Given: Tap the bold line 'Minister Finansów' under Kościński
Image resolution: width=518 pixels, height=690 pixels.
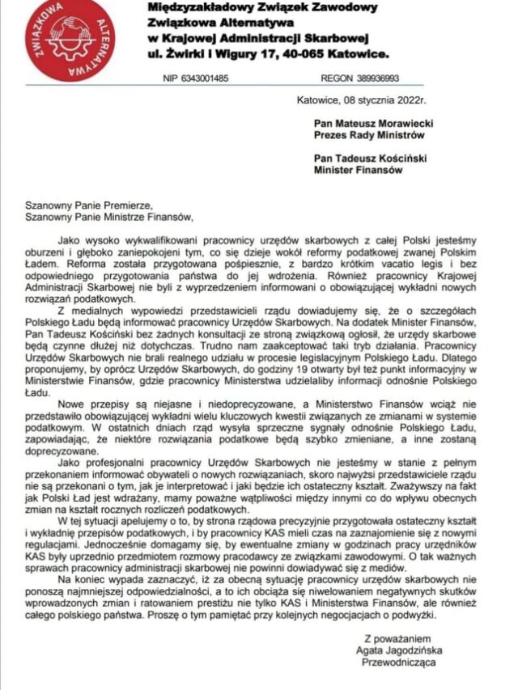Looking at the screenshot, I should point(359,171).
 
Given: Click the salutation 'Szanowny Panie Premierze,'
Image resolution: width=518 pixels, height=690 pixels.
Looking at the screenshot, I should point(88,205).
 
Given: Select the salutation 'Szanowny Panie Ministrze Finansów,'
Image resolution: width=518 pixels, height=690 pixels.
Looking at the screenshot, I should point(109,217).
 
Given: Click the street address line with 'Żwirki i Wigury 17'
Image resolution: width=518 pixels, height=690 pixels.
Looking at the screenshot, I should point(268,54).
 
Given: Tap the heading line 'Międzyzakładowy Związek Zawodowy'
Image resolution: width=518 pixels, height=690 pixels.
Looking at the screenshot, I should point(263,7).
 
